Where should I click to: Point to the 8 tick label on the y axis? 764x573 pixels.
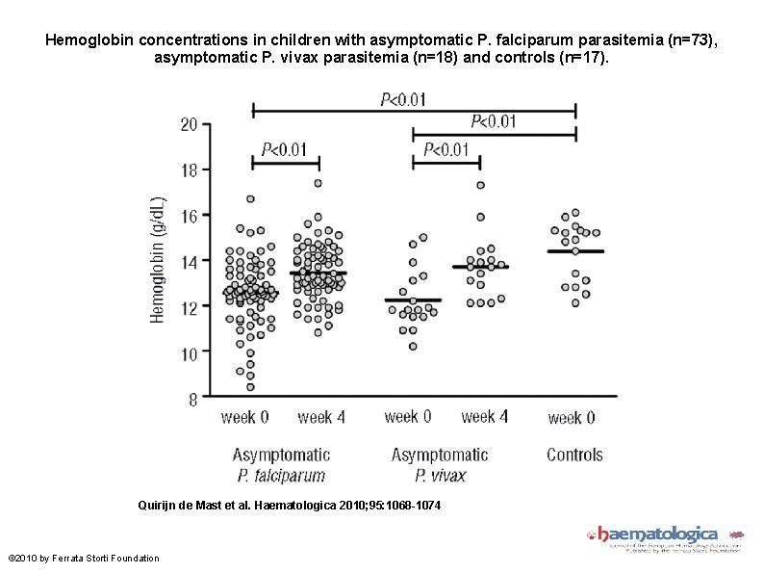[192, 399]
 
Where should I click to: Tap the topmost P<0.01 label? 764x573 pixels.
[404, 98]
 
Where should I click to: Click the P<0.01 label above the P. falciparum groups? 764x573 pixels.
[285, 149]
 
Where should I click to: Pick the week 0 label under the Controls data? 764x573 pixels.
[572, 418]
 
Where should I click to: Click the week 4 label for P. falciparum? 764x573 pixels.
[321, 417]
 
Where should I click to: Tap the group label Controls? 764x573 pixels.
[574, 455]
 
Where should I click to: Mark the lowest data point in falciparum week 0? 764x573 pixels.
[250, 387]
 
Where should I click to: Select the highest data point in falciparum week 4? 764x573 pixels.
[318, 183]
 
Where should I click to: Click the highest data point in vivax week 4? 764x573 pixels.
[480, 185]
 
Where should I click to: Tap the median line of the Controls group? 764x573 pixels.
[575, 251]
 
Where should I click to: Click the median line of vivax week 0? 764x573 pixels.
[412, 300]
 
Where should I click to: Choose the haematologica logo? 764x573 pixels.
[665, 536]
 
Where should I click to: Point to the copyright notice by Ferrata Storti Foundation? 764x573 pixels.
[84, 559]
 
